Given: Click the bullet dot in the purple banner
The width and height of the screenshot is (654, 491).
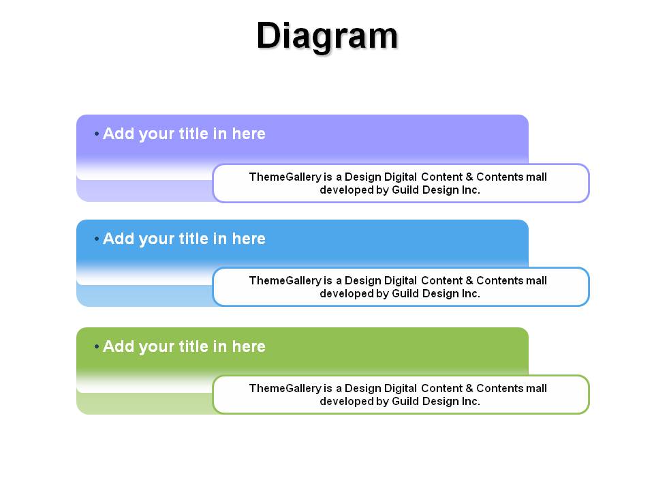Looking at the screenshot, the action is [97, 134].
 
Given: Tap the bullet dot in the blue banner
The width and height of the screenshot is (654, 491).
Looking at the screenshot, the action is [97, 239].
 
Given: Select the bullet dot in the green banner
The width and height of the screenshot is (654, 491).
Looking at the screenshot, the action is [97, 346].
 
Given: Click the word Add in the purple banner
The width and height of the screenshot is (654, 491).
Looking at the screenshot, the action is [119, 134].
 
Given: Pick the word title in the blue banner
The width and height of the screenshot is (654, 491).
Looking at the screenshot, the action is [193, 239].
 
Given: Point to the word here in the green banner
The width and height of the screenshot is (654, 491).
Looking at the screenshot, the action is [249, 346].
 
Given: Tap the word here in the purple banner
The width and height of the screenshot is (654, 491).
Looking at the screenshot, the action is [249, 134].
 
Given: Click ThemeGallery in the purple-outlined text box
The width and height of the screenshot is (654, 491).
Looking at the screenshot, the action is [285, 177].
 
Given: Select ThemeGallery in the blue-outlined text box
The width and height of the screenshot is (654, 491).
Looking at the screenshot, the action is [285, 280].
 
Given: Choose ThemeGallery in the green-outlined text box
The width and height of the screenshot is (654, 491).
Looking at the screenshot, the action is [285, 388].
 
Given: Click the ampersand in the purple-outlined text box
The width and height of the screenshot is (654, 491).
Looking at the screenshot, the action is [469, 177].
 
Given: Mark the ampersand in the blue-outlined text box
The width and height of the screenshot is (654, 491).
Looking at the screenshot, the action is [469, 280].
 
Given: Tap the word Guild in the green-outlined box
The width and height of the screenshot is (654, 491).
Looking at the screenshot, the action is [405, 401].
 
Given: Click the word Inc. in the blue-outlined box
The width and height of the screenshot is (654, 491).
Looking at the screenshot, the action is [471, 293].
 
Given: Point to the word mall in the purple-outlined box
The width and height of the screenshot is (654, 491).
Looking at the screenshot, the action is [536, 177].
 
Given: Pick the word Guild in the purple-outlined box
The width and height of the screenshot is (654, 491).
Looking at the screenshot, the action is [405, 190].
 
